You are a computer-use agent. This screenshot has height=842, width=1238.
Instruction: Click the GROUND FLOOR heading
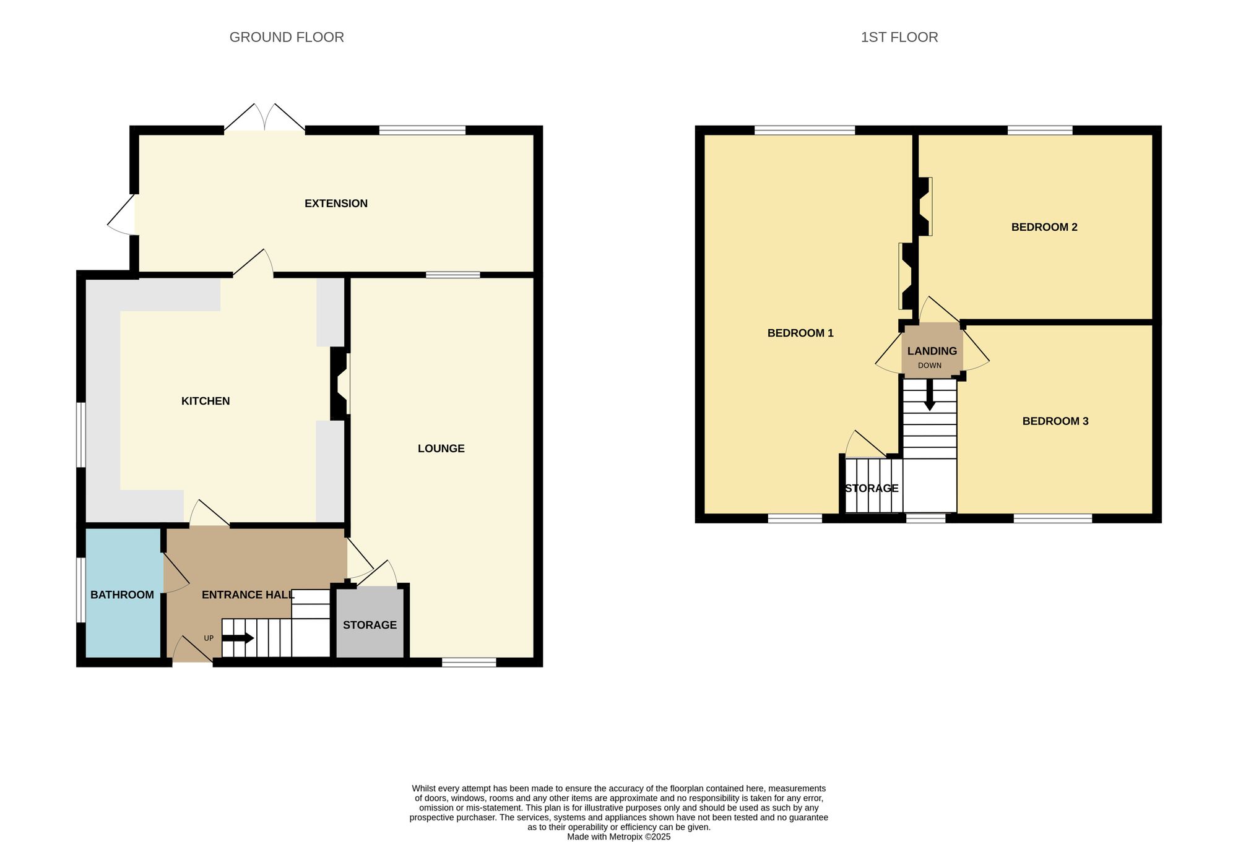coord(287,37)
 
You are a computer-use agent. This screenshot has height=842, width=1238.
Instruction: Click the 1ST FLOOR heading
coord(899,37)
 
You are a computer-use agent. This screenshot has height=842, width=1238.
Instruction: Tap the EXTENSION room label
coord(336,204)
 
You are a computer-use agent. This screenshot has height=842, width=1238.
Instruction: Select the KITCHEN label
coord(206,401)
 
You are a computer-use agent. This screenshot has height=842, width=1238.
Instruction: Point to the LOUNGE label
coord(441,449)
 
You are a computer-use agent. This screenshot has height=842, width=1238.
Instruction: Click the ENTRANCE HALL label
coord(248,595)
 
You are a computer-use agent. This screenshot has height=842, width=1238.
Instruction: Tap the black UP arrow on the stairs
coord(238,638)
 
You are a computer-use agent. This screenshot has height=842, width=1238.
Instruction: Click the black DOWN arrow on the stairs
coord(929,396)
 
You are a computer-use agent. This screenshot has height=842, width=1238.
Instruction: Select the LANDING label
coord(932,351)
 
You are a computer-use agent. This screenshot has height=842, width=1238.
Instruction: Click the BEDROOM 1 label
coord(800,333)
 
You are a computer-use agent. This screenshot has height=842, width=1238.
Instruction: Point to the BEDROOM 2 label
coord(1044,227)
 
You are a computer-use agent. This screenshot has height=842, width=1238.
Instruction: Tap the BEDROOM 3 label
coord(1055,421)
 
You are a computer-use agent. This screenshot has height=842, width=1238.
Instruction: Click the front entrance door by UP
coord(192,651)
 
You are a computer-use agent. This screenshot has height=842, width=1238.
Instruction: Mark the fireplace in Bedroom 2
coord(925,207)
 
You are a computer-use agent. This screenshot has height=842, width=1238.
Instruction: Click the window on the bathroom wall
coord(80,590)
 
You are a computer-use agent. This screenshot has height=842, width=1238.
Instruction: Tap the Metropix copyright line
coord(618,836)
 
